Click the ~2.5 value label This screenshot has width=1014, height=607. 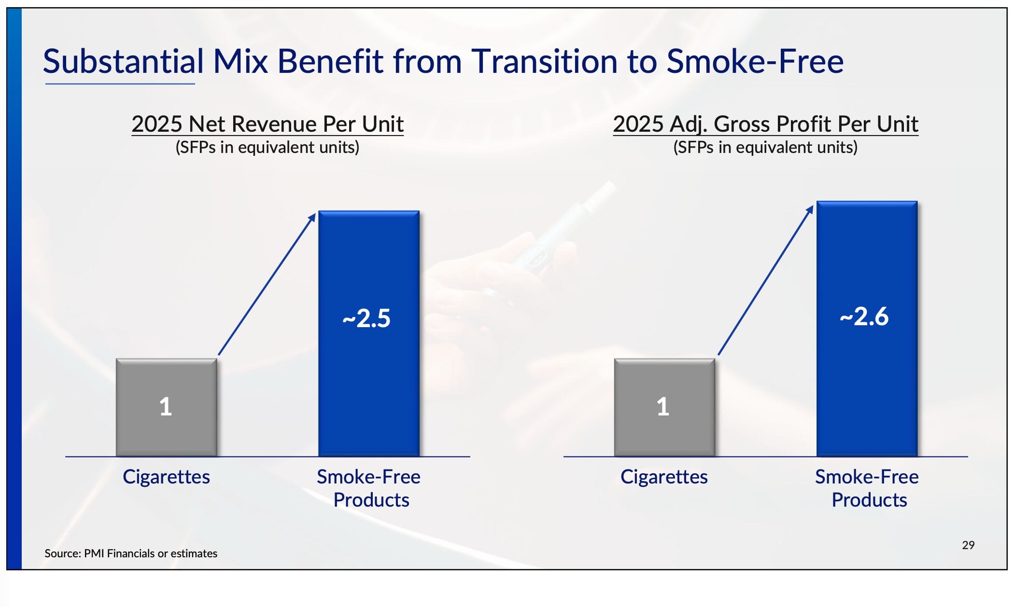366,318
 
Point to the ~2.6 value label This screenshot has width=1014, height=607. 864,317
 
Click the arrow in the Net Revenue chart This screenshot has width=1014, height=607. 267,285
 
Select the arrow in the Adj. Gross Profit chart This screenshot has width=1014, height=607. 765,281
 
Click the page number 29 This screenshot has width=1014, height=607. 968,545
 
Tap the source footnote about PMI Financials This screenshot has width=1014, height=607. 131,553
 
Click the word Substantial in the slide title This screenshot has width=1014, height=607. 124,62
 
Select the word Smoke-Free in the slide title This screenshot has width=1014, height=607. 755,62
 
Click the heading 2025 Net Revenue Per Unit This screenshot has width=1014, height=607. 268,124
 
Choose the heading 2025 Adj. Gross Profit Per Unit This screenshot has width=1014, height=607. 765,124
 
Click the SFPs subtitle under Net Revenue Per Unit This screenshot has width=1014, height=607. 268,147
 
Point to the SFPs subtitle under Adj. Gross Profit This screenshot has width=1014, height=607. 765,147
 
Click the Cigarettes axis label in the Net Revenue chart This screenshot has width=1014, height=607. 166,477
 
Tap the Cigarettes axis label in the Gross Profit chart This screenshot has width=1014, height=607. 664,477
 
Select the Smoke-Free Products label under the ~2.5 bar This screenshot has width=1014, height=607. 369,488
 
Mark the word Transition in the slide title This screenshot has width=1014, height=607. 563,62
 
